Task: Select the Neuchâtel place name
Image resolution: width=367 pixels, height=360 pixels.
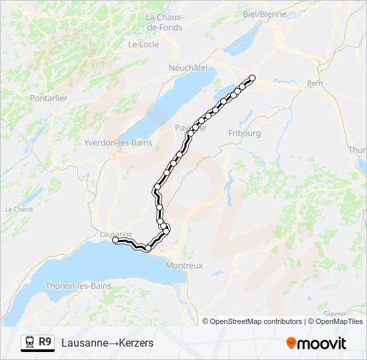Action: (x=188, y=67)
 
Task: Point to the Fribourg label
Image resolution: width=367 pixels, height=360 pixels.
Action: (x=244, y=133)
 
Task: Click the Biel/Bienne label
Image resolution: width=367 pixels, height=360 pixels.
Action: (x=265, y=13)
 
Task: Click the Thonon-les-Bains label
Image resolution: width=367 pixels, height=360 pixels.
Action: (x=78, y=286)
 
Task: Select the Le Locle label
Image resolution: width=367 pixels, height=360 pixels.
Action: (x=143, y=44)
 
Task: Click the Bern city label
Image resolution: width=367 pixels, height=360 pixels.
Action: (x=314, y=83)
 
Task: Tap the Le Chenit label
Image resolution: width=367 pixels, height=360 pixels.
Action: (x=19, y=209)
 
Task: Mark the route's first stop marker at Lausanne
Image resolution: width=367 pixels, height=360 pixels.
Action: (x=115, y=240)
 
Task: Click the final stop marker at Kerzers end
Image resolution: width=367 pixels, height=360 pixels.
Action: (x=252, y=79)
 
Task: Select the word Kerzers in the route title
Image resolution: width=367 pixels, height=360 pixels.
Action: (x=137, y=343)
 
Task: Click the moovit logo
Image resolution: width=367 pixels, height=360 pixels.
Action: (x=316, y=343)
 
